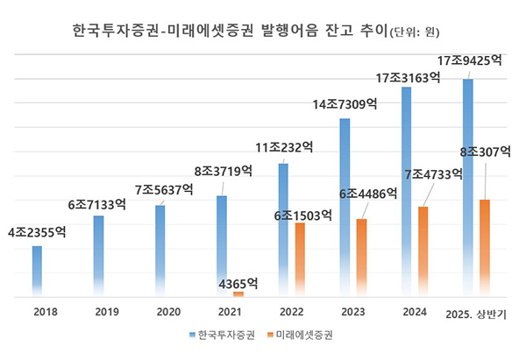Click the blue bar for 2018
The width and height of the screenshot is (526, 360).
pos(37,272)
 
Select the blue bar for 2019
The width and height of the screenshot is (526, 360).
pos(98,256)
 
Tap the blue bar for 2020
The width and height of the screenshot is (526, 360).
pos(160,251)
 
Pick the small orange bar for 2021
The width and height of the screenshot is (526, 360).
pos(238,294)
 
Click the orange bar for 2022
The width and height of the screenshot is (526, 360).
pos(300,260)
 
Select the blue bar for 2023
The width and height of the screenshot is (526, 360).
pos(345,208)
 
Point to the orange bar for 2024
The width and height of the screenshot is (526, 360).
pos(423,251)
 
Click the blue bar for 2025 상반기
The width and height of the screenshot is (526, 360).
pos(468,188)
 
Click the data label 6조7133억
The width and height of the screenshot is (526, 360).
pos(96,205)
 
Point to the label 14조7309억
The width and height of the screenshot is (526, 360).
pos(345,104)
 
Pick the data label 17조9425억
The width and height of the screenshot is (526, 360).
pos(471,61)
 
